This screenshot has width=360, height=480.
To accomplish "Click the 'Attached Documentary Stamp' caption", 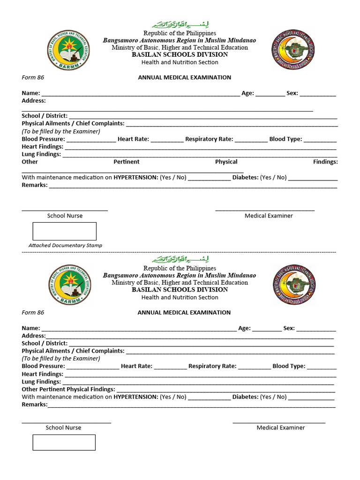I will (x=65, y=245).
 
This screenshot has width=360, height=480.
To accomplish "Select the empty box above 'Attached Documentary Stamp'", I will (x=64, y=231).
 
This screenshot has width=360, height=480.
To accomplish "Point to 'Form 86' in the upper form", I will (x=33, y=77).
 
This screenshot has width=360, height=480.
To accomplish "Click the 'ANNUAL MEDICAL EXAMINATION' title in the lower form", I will (x=184, y=312).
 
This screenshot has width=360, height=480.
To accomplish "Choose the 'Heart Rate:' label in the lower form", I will (x=136, y=366).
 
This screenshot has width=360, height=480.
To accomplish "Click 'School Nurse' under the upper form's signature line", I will (x=65, y=216).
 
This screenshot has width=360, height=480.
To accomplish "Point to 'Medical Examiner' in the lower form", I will (x=280, y=427).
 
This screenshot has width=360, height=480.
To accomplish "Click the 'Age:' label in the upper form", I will (x=247, y=93).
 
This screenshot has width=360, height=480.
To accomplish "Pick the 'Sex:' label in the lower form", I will (x=289, y=328).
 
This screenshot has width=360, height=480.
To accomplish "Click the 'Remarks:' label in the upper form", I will (x=35, y=185).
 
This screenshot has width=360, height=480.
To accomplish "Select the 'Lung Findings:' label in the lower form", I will (x=41, y=382).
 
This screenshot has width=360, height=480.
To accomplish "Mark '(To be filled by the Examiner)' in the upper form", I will (x=61, y=132).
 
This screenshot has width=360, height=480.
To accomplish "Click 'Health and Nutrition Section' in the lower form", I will (x=180, y=297).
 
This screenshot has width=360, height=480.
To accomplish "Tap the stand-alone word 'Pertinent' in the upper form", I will (x=126, y=162).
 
